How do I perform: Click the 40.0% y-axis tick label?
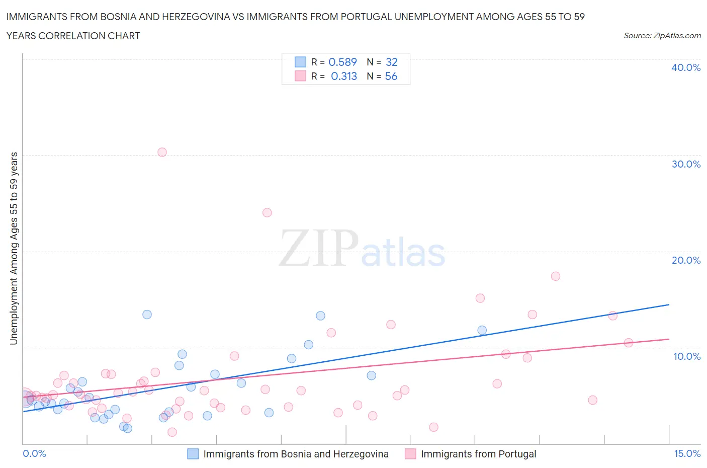tap(685, 67)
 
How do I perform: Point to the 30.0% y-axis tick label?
tap(685, 164)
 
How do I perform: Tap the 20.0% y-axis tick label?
tap(685, 260)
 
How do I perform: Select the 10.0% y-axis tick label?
tap(686, 356)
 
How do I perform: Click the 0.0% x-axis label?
tap(34, 453)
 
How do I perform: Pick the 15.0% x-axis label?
tap(687, 453)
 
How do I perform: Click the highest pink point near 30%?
tap(162, 152)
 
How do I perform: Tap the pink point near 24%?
tap(267, 212)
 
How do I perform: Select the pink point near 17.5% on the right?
tap(555, 276)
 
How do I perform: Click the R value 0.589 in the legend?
tap(342, 62)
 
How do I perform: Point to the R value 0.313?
tap(344, 76)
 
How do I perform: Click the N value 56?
tap(391, 76)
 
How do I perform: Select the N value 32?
tap(391, 62)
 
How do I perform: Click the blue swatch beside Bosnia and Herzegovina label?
tap(193, 454)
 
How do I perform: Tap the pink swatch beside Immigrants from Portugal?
tap(410, 454)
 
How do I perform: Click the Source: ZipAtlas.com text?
tap(662, 36)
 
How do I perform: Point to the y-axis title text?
tap(14, 248)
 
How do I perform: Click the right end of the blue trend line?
tap(669, 304)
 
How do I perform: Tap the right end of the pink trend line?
tap(669, 339)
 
